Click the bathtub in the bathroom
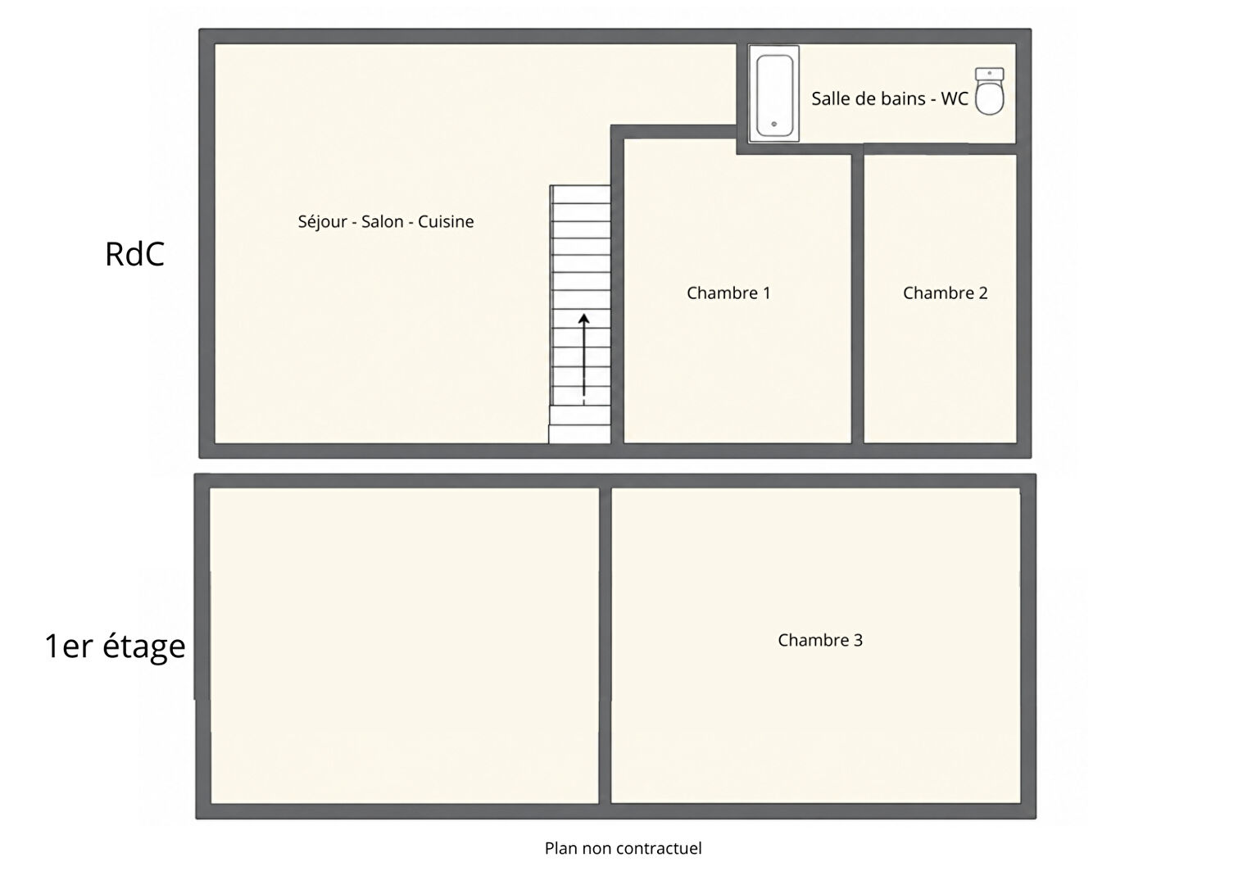774,93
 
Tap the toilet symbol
989,91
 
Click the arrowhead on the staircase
583,320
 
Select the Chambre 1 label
728,293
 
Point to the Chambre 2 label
946,293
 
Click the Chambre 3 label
820,639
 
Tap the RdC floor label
134,254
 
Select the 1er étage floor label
116,647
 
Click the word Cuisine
446,221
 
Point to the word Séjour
323,222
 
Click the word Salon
383,221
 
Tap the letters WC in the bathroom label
954,98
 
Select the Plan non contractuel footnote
624,848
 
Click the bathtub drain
774,124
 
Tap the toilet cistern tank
989,74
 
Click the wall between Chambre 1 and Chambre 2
858,298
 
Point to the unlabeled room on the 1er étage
405,646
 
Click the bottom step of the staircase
579,434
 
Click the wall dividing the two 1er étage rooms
606,646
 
